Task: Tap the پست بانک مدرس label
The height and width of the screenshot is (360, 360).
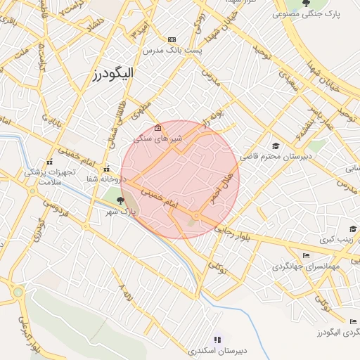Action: (x=172, y=51)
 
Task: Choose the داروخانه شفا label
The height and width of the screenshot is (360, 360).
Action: (x=105, y=179)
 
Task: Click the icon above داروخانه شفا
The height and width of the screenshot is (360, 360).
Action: (x=106, y=169)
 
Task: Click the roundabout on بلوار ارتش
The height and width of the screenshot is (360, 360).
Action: (x=18, y=292)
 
